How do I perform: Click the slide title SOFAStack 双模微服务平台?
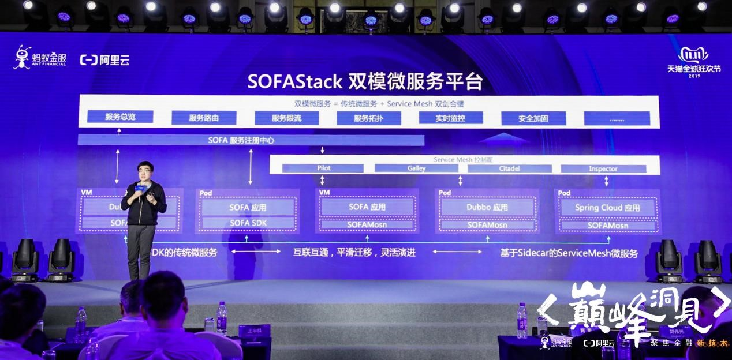pos(365,81)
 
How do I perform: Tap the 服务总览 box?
pos(121,117)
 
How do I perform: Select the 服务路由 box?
pos(204,118)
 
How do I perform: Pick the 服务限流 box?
pos(287,118)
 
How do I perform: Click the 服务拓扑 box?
pos(369,118)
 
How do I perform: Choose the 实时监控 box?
pos(451,118)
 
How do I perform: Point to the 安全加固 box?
pos(533,119)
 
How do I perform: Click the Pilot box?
pos(323,168)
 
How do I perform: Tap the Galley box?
pos(416,168)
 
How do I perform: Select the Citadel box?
pos(509,168)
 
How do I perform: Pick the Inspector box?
pos(603,168)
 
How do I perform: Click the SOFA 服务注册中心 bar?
pos(251,140)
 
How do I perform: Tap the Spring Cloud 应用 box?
pos(607,208)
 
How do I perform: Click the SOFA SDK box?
pos(248,223)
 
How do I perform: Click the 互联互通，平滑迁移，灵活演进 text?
pos(354,253)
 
